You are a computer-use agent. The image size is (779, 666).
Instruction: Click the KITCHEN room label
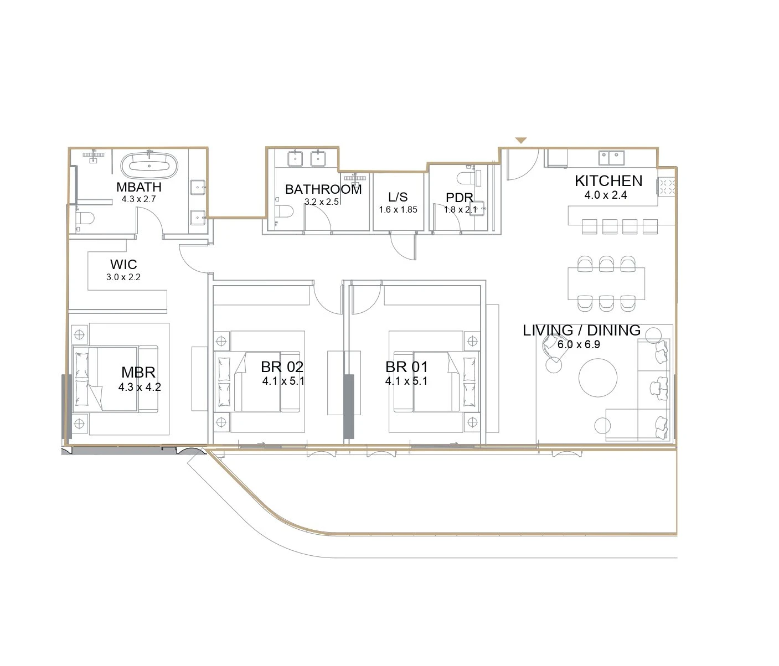coord(608,181)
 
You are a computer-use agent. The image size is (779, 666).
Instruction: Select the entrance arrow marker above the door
coord(521,141)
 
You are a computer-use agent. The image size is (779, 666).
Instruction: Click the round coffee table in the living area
coord(598,378)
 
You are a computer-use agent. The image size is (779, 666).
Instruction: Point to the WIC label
coord(123,264)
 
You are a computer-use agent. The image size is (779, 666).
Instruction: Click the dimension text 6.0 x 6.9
coord(579,344)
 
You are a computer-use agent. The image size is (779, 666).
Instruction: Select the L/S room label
coord(398,197)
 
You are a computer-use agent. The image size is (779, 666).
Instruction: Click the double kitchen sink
coord(611,158)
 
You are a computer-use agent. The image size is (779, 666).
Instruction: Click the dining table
coord(606,283)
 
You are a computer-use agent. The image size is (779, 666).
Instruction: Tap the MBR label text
coord(138,373)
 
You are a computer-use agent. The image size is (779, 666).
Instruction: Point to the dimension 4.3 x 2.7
coord(138,199)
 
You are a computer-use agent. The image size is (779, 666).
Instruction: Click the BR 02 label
coord(282,366)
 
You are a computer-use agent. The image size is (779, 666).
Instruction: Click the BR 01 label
coord(406,366)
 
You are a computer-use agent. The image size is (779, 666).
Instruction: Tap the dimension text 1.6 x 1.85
coord(398,210)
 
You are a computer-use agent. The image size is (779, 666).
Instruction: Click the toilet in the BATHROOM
coord(285,211)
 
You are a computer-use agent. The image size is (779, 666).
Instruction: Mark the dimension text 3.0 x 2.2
coord(123,277)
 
